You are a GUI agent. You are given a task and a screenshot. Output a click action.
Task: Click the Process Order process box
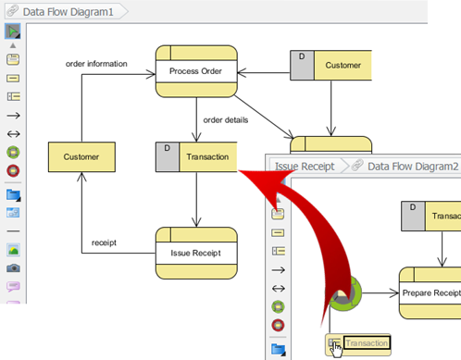pyautogui.click(x=195, y=71)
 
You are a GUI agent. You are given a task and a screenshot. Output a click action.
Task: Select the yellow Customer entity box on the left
pyautogui.click(x=81, y=156)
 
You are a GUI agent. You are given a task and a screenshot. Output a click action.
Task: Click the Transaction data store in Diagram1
pyautogui.click(x=206, y=156)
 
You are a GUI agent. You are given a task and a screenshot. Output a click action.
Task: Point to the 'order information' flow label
pyautogui.click(x=96, y=64)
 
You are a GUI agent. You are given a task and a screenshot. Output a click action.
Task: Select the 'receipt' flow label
pyautogui.click(x=103, y=243)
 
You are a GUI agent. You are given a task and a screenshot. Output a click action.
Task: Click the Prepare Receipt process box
pyautogui.click(x=431, y=293)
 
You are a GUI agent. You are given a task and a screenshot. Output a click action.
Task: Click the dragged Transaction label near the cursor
pyautogui.click(x=367, y=344)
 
